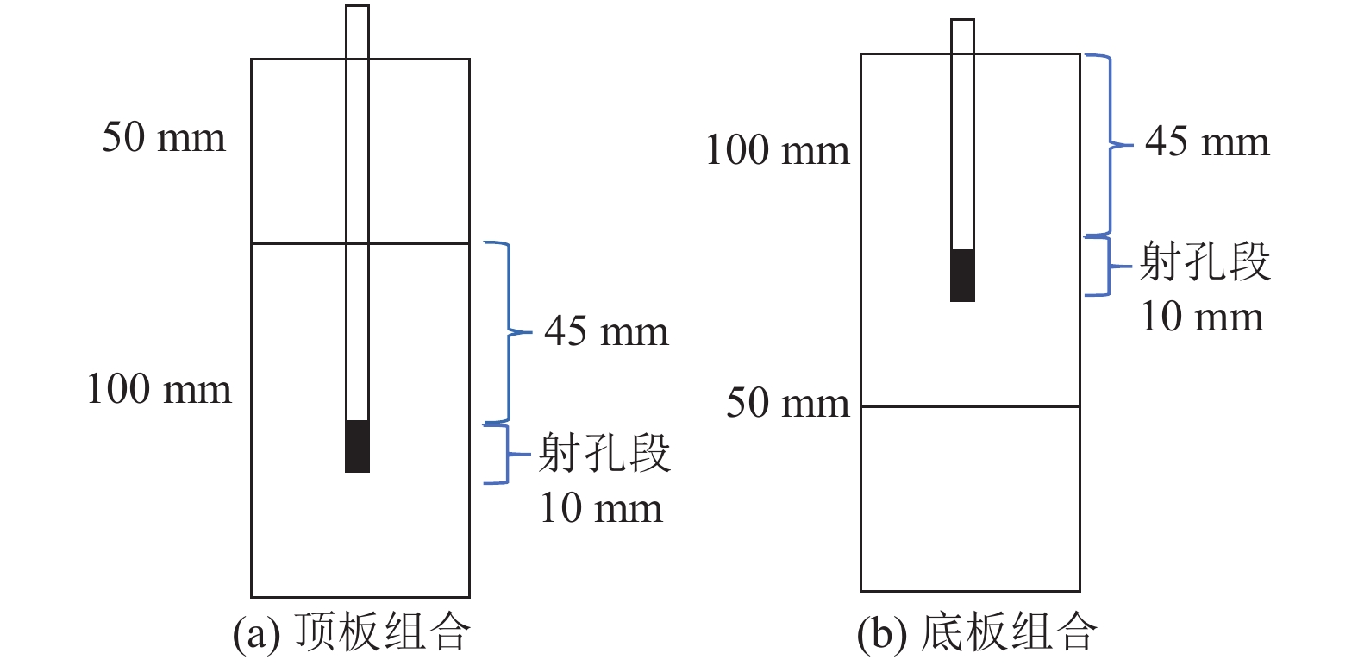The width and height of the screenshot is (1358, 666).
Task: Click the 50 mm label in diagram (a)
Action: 164,138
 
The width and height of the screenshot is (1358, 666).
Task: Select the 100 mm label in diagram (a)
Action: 159,390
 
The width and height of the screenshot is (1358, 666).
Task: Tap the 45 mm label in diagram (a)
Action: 606,332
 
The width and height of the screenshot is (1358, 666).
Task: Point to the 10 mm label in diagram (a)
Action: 601,508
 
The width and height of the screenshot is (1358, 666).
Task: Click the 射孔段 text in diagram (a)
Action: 604,454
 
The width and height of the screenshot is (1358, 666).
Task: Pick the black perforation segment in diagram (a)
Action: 357,446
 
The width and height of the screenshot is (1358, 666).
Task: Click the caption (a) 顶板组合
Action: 352,632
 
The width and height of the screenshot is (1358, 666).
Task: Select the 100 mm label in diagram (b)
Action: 777,151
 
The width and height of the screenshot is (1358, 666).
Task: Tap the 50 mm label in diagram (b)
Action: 787,403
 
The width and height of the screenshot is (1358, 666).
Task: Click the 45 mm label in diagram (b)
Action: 1207,142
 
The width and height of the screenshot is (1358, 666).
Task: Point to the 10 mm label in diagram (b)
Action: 1202,317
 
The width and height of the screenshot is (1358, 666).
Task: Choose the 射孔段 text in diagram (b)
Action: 1205,262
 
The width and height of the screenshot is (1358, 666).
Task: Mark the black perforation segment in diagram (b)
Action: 962,275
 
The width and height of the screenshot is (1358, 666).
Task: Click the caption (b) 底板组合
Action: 977,632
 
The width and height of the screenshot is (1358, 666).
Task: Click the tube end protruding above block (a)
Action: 357,32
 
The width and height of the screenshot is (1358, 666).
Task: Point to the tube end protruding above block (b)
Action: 962,36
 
